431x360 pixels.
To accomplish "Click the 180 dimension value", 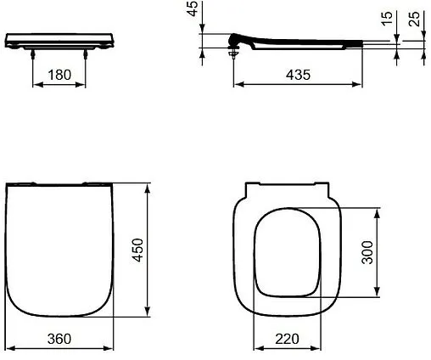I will (x=59, y=76).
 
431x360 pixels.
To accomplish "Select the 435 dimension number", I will (x=296, y=75).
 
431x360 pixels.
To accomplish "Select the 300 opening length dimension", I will (x=367, y=252).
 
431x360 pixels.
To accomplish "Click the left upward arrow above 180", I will (x=33, y=54).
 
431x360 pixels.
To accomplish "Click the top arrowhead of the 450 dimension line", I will (x=149, y=186).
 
